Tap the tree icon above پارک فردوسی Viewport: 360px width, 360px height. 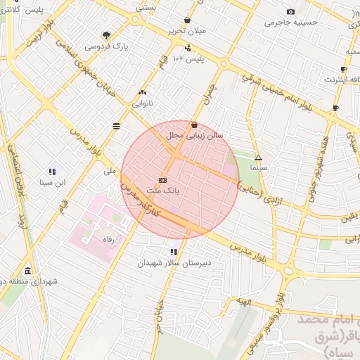[x=106, y=34]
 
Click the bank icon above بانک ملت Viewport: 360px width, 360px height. [x=163, y=179]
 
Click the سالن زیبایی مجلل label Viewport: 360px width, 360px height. [x=195, y=134]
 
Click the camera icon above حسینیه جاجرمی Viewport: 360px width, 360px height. [x=291, y=11]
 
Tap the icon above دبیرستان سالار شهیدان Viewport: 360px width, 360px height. [x=174, y=251]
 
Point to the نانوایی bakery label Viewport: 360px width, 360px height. [x=143, y=103]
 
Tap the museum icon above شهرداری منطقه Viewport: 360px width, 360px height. [x=27, y=271]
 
